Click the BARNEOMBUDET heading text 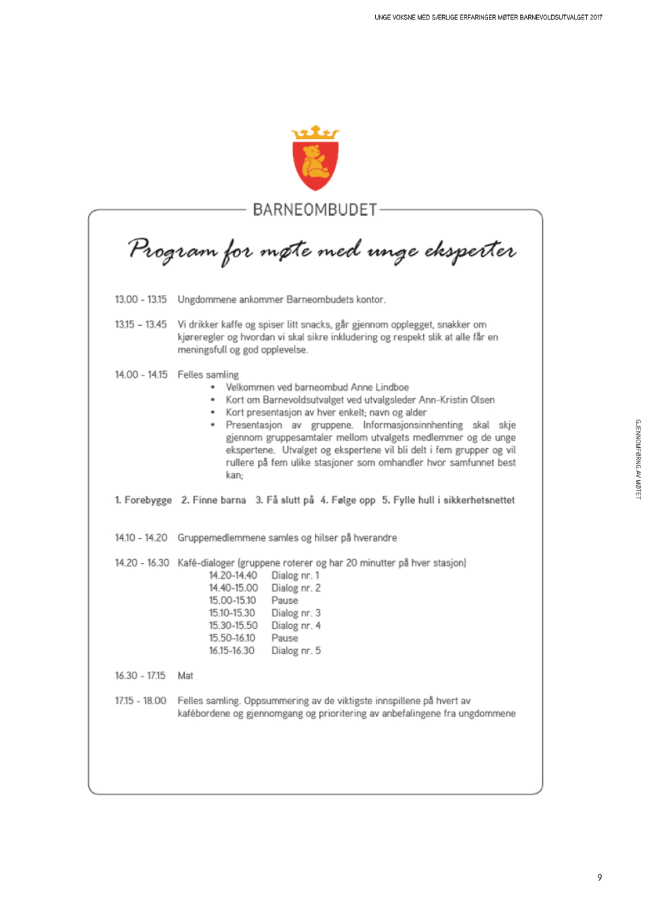[x=315, y=210]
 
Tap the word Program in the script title [x=172, y=250]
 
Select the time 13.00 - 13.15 [x=141, y=300]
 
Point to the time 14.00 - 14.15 [x=141, y=375]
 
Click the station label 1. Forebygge [x=144, y=500]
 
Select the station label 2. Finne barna [x=213, y=500]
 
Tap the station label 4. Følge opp [x=348, y=500]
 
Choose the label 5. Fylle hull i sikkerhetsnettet [x=448, y=500]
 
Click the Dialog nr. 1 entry [x=295, y=575]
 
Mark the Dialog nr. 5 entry [x=296, y=651]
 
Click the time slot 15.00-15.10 [x=232, y=600]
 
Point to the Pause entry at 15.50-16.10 [x=284, y=638]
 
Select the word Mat [x=186, y=676]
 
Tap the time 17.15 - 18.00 [x=141, y=701]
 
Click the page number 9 [x=599, y=878]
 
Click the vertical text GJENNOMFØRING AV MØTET [x=638, y=459]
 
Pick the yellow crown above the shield [x=315, y=132]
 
